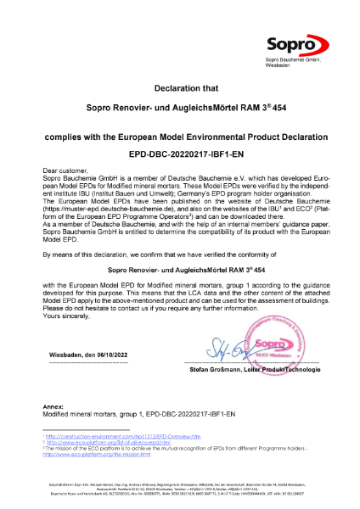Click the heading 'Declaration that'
pyautogui.click(x=180, y=87)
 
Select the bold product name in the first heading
pyautogui.click(x=180, y=109)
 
